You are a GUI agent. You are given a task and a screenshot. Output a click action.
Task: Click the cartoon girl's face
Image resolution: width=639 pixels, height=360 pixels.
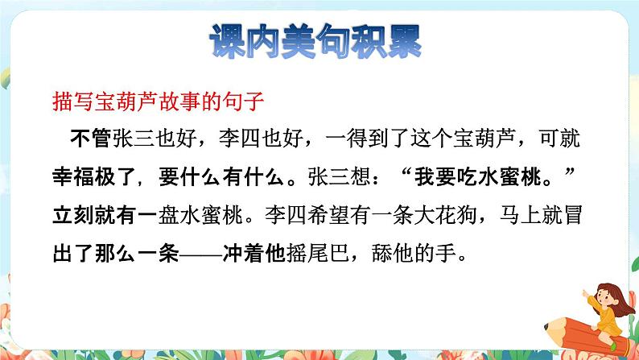pos(585,296)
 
